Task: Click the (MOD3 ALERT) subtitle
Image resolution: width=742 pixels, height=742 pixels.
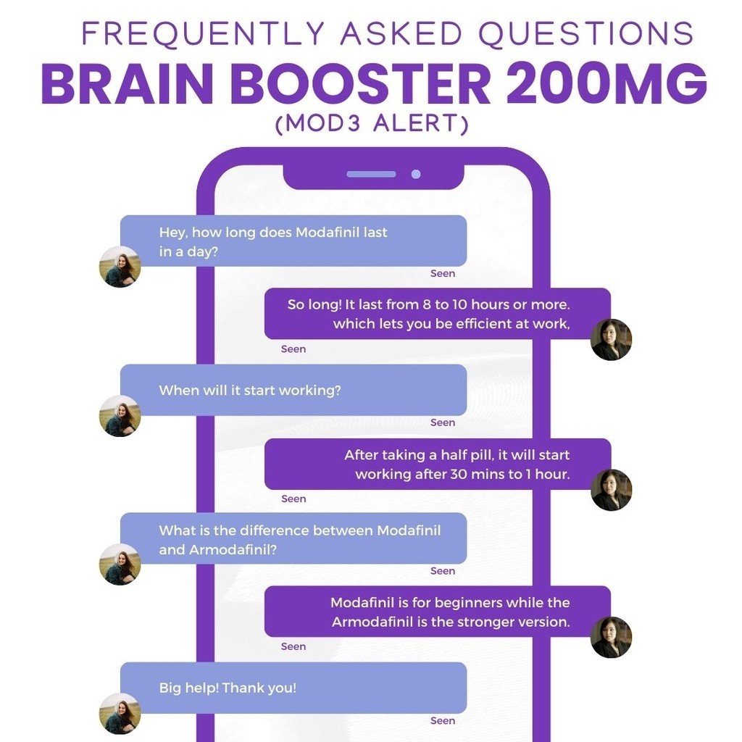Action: tap(372, 124)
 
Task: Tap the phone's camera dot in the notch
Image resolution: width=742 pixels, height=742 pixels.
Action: tap(416, 174)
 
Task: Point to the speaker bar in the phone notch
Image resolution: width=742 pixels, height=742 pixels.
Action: tap(371, 174)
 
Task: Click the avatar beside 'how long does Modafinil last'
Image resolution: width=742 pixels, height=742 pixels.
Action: tap(120, 267)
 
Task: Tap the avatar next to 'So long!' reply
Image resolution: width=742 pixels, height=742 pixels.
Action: tap(611, 339)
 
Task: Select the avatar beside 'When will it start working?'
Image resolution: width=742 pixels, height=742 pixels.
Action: tap(120, 416)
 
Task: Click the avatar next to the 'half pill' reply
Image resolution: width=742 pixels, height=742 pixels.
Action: tap(611, 490)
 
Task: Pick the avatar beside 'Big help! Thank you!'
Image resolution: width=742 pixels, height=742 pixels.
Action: tap(120, 714)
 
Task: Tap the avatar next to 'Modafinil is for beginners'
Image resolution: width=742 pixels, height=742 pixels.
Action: tap(611, 637)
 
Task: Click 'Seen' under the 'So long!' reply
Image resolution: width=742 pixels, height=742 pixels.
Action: tap(293, 349)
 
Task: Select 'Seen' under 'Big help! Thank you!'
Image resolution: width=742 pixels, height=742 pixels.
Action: tap(443, 721)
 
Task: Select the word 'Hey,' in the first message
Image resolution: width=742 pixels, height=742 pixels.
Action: tap(173, 233)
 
